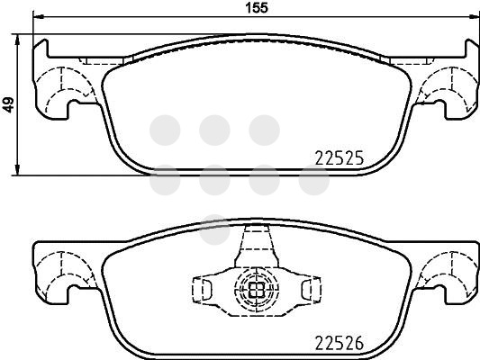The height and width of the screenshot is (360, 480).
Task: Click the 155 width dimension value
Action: (x=258, y=7)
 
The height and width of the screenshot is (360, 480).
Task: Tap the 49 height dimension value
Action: (x=9, y=105)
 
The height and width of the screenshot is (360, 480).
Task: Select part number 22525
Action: (x=340, y=158)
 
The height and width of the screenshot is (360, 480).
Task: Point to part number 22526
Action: (x=340, y=343)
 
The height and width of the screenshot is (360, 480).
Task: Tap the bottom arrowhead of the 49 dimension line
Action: (x=17, y=170)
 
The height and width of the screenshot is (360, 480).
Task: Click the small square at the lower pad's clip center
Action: (x=257, y=289)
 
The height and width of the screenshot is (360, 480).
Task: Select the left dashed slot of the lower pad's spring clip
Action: (x=201, y=289)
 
